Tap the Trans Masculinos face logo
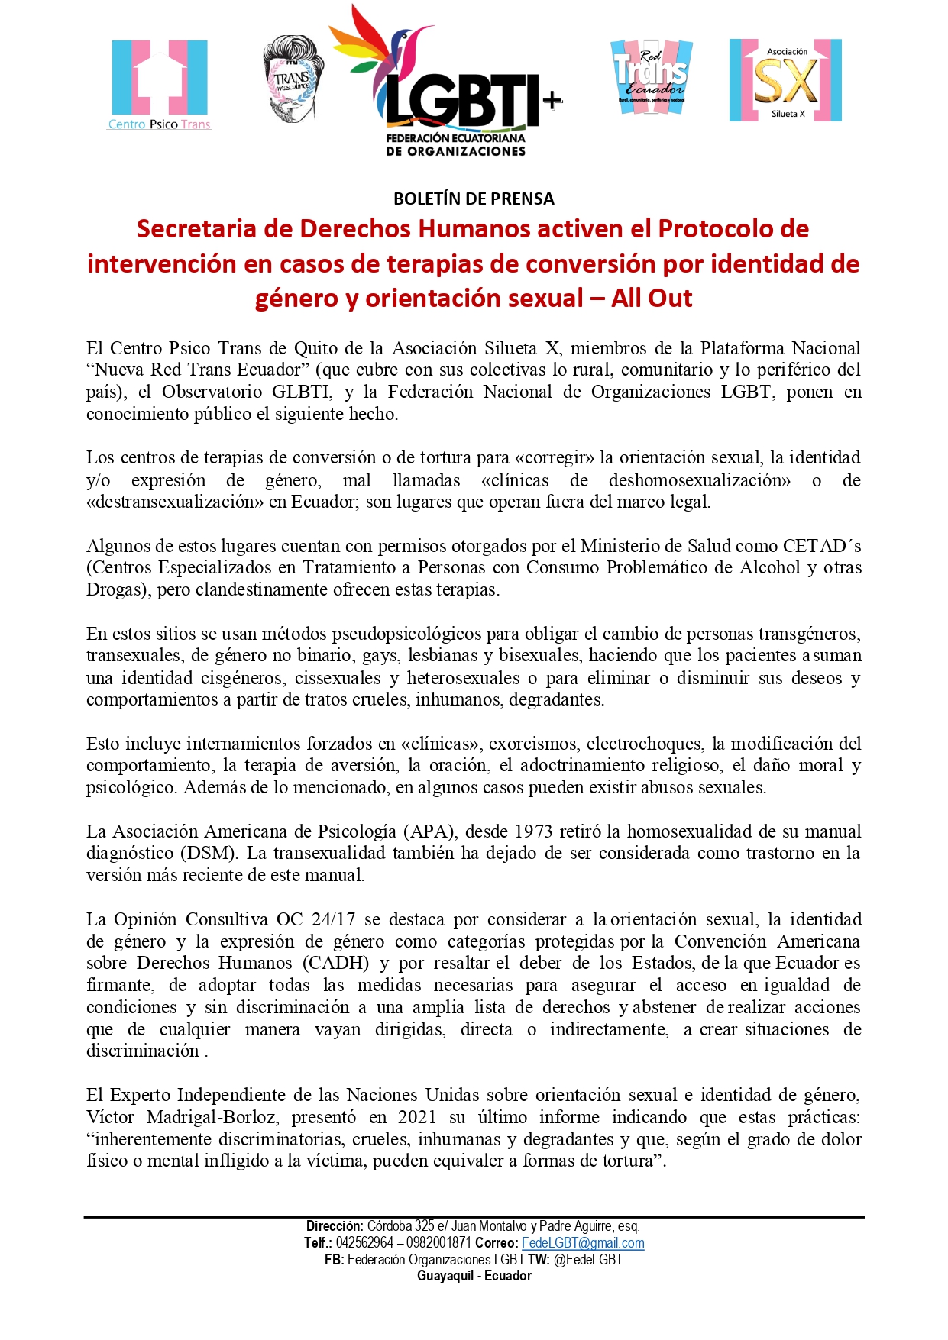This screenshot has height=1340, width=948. [292, 79]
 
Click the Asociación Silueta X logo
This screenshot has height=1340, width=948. [785, 80]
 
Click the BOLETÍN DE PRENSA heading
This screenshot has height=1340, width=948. [474, 199]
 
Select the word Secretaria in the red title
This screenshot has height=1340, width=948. [194, 228]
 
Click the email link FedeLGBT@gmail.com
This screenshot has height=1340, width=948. [583, 1242]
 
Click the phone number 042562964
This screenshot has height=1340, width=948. [364, 1242]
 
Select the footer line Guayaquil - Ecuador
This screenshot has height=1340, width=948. [474, 1276]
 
